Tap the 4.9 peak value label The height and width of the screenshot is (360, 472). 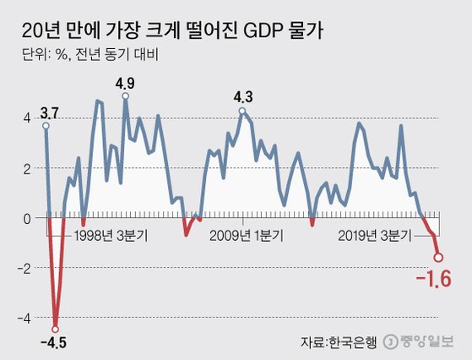125,83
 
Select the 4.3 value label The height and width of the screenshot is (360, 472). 243,97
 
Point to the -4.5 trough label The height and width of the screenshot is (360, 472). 56,342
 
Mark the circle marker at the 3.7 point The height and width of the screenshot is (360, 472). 46,126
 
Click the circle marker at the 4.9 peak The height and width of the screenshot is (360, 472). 125,96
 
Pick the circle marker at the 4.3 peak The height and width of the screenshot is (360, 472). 242,111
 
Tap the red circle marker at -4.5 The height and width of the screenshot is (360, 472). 56,329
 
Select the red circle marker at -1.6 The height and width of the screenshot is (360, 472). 439,258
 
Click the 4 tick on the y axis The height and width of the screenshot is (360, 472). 26,119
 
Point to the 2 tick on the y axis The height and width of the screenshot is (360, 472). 26,168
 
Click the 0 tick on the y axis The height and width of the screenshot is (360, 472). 26,218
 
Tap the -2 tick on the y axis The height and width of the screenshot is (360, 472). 24,268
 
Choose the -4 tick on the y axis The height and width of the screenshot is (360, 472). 24,317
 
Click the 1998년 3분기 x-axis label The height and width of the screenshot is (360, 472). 110,236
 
